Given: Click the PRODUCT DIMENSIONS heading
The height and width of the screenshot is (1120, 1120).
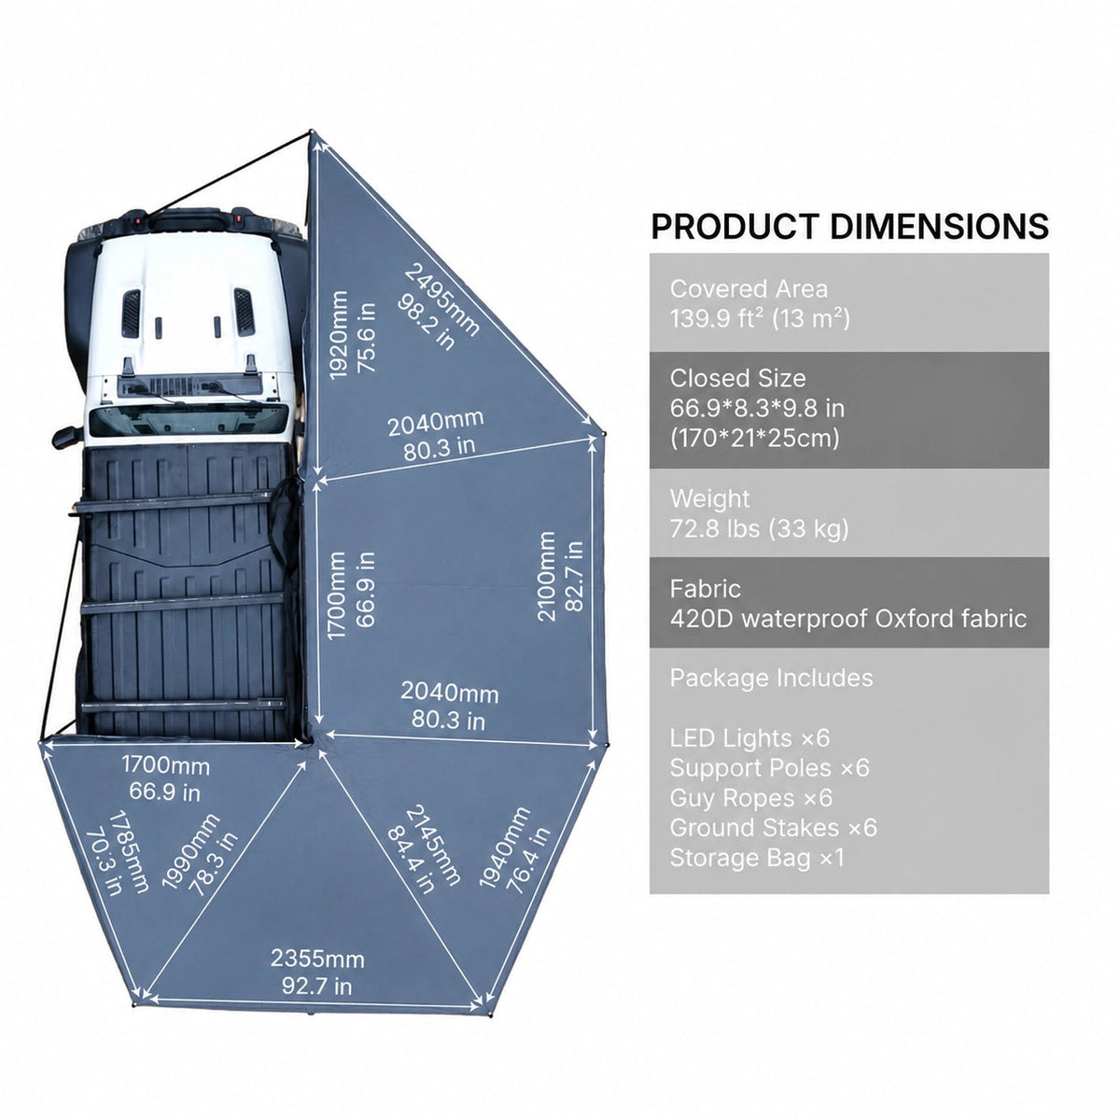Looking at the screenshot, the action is pos(849,227).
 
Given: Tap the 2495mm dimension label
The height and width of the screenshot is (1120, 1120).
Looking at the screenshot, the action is pos(441,299).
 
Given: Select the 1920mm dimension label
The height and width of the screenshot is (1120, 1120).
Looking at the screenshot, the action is pos(338,335).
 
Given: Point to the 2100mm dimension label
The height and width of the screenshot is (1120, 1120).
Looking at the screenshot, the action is pos(546,576).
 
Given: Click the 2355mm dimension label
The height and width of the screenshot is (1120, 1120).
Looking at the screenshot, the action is pos(317,959).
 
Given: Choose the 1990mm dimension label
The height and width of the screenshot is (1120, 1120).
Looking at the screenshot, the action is pos(190,851).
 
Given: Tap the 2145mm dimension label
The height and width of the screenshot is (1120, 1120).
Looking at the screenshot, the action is pos(433,845).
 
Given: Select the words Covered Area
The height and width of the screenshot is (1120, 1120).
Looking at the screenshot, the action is pos(749,288).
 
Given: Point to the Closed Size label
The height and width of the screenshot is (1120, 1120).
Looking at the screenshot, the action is pos(737,378).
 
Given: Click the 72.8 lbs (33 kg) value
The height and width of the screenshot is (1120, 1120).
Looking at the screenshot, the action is pos(759,529).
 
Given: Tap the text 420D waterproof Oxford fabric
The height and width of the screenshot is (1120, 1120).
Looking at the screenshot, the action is pos(848,619).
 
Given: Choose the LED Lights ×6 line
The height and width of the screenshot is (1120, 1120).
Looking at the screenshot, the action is pos(749,738).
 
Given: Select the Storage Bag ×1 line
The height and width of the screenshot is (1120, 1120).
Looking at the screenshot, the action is pos(757,858).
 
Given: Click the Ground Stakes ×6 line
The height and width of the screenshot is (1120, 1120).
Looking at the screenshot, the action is pos(773,827).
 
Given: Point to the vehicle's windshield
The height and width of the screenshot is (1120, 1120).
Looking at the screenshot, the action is pos(189,420).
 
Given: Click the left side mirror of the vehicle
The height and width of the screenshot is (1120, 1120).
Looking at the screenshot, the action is pos(67,437).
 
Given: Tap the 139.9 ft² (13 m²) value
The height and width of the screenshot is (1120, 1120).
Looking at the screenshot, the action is pos(760,318).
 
